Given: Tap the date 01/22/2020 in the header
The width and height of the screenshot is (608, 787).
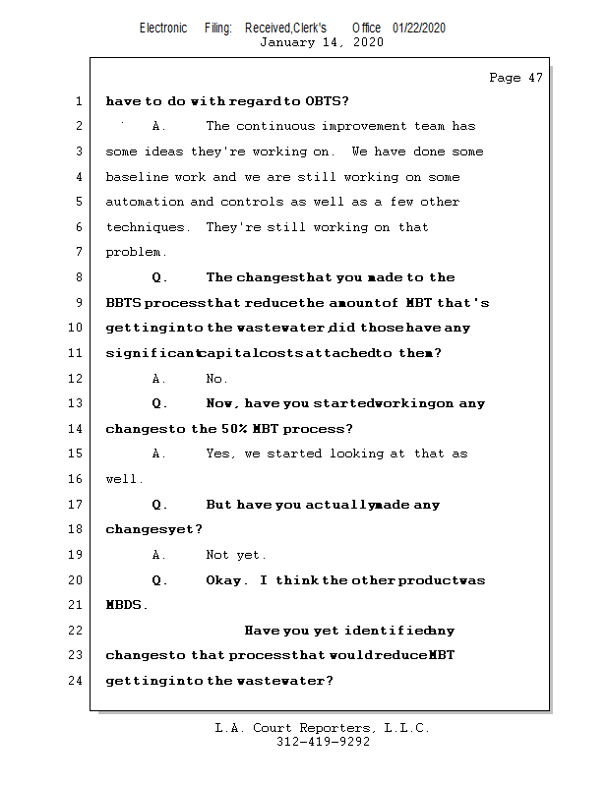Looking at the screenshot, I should [418, 28].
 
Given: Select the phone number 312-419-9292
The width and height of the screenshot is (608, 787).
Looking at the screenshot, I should [323, 743].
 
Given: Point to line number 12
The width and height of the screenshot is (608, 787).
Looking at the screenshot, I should [77, 379].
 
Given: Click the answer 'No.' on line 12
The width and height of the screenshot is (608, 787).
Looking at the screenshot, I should [216, 379].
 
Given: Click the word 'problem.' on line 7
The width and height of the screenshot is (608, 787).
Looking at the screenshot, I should [136, 253].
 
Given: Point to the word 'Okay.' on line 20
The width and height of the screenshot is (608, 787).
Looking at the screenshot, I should [227, 580].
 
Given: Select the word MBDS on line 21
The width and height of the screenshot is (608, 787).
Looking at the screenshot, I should [127, 605].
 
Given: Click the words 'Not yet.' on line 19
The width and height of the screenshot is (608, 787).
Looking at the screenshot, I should [236, 555].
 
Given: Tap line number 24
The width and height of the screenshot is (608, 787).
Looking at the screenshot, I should [77, 681].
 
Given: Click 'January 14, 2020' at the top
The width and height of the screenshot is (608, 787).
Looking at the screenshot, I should [322, 42].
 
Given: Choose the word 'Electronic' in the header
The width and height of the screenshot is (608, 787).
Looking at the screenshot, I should [163, 28].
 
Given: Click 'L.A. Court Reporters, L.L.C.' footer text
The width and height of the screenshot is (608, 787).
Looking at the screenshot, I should [322, 729].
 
